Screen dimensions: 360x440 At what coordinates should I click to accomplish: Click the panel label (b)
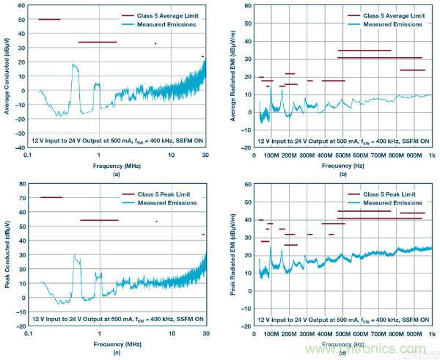pyautogui.click(x=342, y=173)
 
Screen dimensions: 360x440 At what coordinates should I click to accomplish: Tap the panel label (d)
pyautogui.click(x=342, y=351)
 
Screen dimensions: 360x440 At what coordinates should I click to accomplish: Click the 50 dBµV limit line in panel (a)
pyautogui.click(x=49, y=19)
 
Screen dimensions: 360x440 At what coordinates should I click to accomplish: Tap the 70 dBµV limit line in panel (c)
pyautogui.click(x=51, y=197)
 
